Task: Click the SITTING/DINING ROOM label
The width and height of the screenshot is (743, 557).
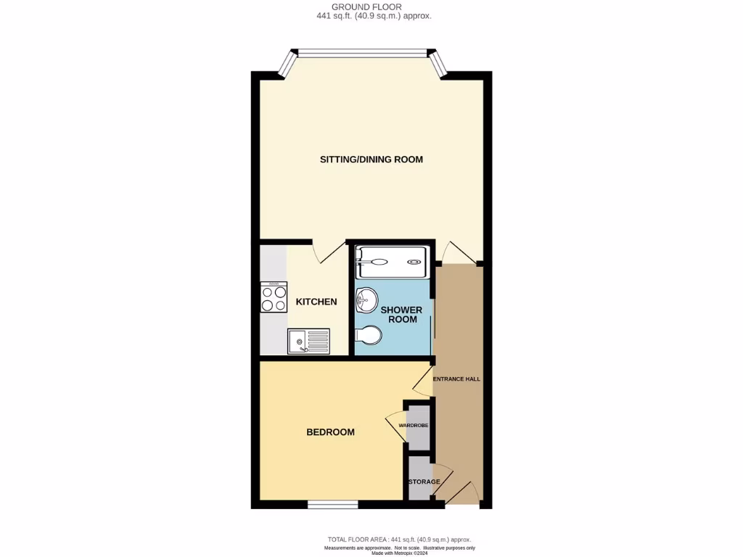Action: coord(371,160)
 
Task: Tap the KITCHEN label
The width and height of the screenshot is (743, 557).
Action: coord(316,302)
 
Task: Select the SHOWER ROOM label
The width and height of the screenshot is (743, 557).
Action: coord(402,315)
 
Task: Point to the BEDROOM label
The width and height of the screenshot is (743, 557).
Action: coord(330,432)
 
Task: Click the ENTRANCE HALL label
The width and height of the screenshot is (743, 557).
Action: coord(456,379)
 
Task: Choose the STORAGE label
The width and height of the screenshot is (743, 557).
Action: coord(424,482)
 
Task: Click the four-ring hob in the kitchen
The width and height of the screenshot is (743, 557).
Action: coord(274,297)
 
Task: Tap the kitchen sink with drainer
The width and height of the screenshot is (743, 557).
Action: coord(308,341)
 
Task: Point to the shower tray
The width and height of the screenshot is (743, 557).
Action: coord(392,261)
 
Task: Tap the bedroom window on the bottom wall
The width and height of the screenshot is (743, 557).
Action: coord(332,504)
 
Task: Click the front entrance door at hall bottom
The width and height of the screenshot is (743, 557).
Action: coord(461,493)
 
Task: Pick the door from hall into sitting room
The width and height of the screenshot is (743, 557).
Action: coord(456,253)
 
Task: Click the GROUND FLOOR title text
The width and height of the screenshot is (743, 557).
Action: coord(371,7)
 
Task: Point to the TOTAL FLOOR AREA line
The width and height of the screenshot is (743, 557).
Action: coord(399,540)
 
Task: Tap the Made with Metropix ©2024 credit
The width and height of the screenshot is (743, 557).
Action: coord(399,553)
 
